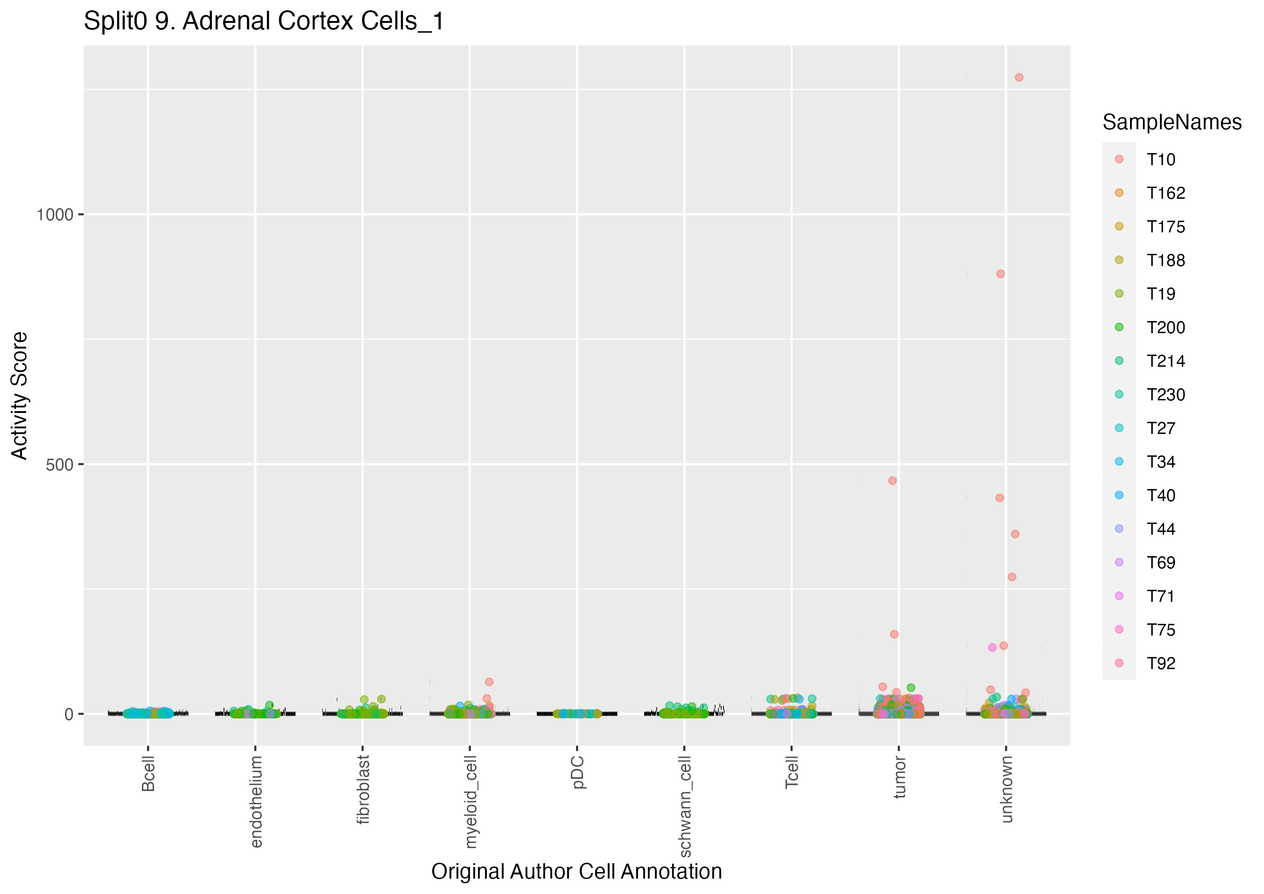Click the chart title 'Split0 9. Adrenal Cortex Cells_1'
(263, 22)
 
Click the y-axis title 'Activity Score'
(20, 395)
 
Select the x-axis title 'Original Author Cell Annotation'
(576, 872)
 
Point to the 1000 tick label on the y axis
(55, 215)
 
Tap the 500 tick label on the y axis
(59, 465)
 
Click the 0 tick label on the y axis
(69, 714)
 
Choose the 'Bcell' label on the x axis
(148, 774)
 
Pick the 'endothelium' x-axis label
(256, 801)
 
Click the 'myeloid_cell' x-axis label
(470, 802)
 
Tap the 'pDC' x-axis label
(577, 772)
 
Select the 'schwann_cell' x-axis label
(685, 806)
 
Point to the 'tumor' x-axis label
(899, 777)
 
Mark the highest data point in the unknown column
(1019, 77)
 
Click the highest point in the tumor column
(892, 481)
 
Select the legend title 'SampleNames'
(1172, 122)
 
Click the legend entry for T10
(1160, 160)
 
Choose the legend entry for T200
(1165, 328)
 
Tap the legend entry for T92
(1160, 664)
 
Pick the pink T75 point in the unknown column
(992, 647)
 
